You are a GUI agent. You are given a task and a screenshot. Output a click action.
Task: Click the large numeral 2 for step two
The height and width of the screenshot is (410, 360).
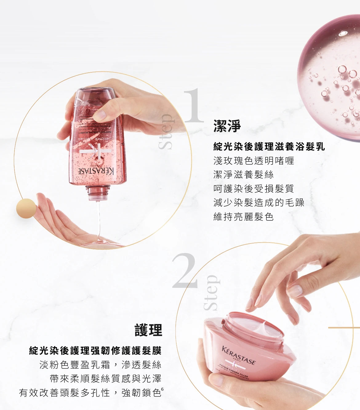(184, 271)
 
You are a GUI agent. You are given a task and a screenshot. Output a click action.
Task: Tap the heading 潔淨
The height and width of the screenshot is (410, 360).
(227, 126)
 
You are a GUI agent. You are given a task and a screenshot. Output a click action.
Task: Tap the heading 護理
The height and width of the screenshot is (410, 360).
(148, 330)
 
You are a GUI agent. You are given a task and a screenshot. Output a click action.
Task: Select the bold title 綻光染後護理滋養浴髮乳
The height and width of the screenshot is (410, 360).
(269, 147)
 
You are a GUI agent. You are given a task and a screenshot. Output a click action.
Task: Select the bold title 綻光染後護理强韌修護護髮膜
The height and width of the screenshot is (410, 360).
(95, 350)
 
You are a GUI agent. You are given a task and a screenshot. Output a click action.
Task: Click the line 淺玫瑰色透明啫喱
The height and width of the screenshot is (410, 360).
(254, 161)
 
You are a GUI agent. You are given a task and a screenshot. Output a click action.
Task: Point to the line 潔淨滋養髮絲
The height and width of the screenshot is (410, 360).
(243, 175)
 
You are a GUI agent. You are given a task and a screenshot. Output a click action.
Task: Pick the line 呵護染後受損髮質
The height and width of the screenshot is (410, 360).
(254, 188)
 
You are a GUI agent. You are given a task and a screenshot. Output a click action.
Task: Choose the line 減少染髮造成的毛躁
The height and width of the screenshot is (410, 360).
(259, 203)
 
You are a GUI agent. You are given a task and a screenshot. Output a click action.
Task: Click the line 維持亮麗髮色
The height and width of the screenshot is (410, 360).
(243, 216)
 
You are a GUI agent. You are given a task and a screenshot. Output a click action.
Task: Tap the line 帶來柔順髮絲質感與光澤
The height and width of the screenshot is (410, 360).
(106, 379)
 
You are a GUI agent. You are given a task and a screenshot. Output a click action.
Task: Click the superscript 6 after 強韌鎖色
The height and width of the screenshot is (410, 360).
(162, 389)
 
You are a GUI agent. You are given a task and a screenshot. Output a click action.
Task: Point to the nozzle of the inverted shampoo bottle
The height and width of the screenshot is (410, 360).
(98, 193)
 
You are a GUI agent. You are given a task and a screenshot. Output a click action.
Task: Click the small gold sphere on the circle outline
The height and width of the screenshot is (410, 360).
(26, 208)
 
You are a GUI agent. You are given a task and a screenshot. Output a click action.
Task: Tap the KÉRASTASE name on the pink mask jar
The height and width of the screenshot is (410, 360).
(238, 355)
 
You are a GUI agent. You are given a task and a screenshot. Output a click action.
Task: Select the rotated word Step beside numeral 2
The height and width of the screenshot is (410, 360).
(211, 293)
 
